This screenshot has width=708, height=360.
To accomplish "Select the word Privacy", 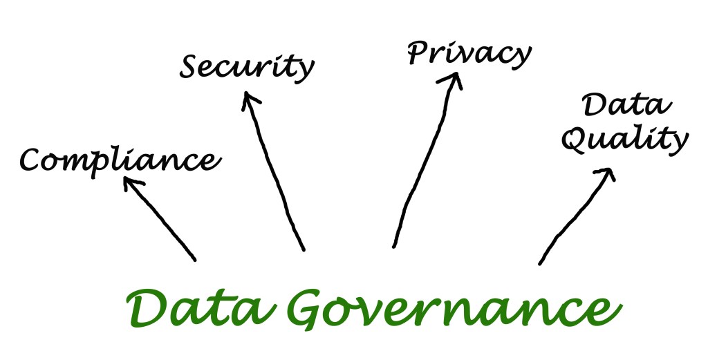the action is pyautogui.click(x=469, y=54).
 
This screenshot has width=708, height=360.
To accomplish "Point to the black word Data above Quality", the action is pyautogui.click(x=626, y=106).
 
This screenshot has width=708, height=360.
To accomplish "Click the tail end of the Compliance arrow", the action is pyautogui.click(x=195, y=260).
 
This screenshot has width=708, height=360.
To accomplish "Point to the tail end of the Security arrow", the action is pyautogui.click(x=304, y=249).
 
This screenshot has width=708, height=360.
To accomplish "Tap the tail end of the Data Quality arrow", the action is pyautogui.click(x=540, y=263).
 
